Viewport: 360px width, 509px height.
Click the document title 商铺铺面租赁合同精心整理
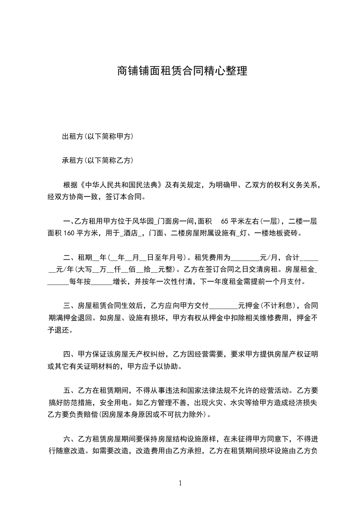[180, 71]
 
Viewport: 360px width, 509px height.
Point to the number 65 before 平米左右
[225, 221]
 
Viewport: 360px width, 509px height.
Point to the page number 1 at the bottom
[180, 483]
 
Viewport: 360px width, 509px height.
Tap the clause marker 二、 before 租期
[69, 258]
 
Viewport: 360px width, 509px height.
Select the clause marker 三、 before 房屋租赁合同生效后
[69, 305]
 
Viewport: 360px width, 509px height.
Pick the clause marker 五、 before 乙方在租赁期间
[69, 390]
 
